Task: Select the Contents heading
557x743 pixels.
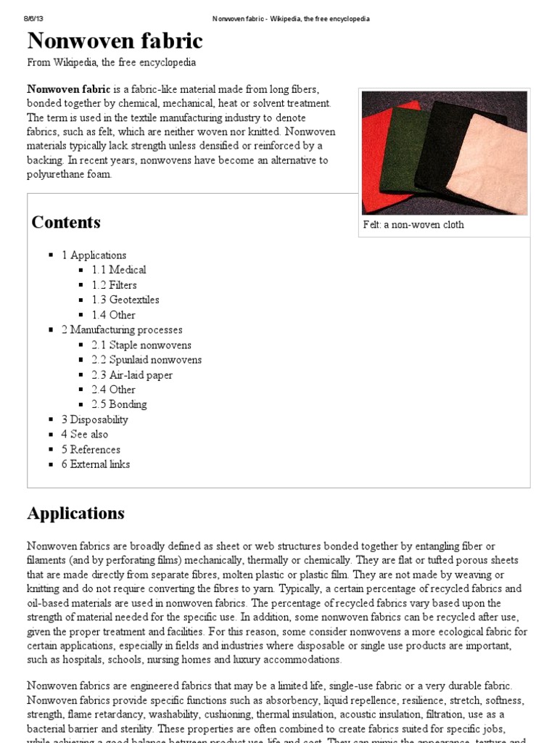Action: point(66,223)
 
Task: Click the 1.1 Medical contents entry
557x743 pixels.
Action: point(119,270)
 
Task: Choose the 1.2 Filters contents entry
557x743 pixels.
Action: point(114,285)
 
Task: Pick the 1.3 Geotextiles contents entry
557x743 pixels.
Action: point(125,300)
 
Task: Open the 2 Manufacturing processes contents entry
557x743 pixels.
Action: point(122,330)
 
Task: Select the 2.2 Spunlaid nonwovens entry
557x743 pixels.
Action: point(147,360)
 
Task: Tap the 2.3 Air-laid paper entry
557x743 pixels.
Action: point(132,375)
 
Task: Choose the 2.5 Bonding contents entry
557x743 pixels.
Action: point(119,405)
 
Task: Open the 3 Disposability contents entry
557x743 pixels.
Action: point(94,419)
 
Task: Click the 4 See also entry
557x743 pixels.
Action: point(85,435)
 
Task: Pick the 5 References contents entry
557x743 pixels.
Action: point(91,450)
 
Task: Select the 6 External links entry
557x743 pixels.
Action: point(96,464)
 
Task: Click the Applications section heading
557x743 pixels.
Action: point(76,514)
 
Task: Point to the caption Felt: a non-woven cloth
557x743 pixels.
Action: point(413,225)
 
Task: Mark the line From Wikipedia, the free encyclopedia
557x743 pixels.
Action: point(111,63)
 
